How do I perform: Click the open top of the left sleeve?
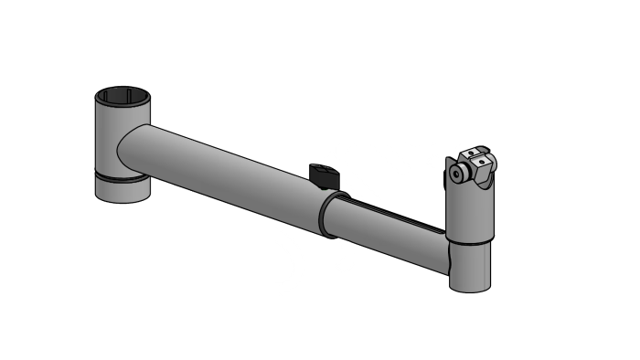coord(123,95)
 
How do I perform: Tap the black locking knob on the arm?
coord(324,171)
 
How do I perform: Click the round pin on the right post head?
coord(455,175)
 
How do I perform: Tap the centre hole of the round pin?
coord(455,175)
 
